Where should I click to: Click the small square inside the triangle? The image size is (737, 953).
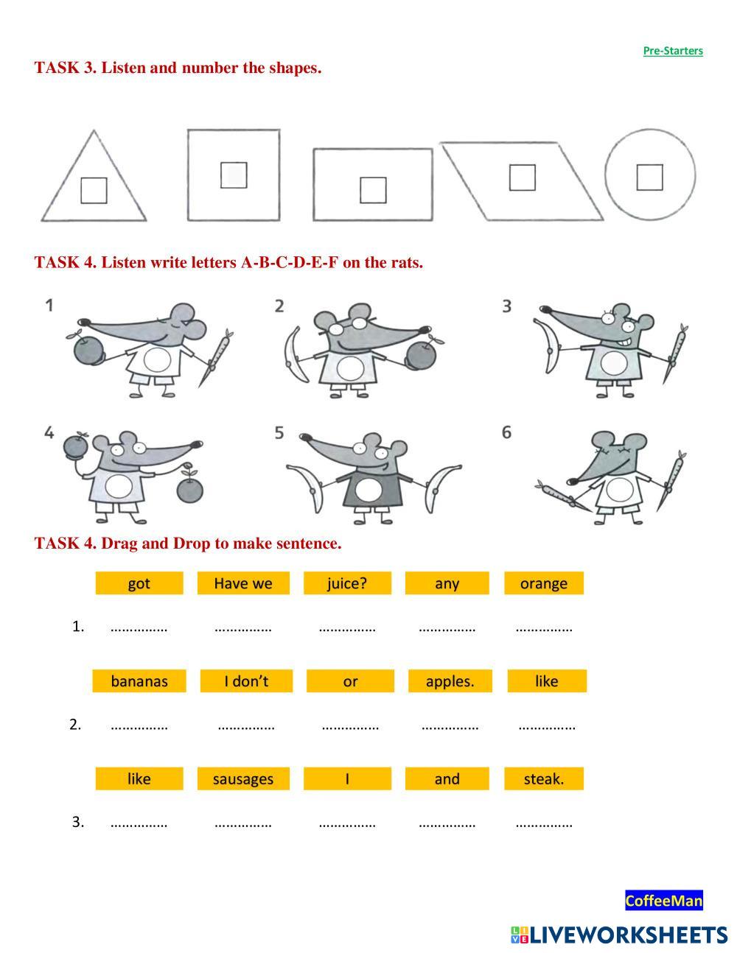coord(94,190)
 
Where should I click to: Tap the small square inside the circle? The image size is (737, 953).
coord(650,177)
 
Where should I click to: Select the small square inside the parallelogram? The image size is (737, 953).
coord(522,177)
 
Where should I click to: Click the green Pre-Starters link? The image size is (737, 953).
coord(673,51)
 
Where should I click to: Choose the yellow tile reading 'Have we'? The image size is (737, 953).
coord(243,583)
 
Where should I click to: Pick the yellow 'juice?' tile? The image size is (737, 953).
coord(347,583)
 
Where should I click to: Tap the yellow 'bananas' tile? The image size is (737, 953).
coord(139,681)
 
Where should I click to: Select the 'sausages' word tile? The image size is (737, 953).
coord(243,778)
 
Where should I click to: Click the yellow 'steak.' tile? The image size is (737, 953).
coord(544,778)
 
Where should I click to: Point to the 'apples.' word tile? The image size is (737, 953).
coord(450,681)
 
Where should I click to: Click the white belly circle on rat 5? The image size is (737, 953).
coord(368,490)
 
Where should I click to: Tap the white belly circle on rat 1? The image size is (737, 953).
coord(157,359)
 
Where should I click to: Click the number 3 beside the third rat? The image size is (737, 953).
coord(507,306)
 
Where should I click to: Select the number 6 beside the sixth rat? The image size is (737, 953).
coord(506,432)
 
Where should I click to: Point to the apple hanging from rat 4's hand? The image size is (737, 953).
coord(189,488)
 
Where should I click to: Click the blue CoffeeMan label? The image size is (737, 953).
coord(664,901)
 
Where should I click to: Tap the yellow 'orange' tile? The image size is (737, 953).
coord(544,583)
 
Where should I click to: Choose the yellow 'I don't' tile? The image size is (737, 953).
coord(246,681)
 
